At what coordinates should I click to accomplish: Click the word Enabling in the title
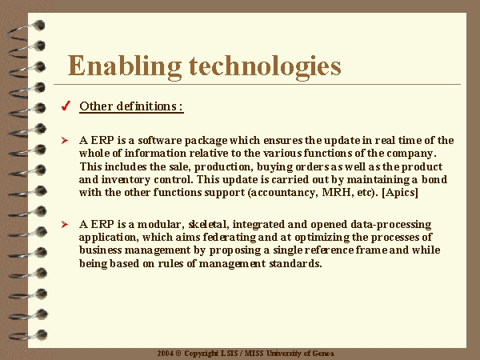(124, 66)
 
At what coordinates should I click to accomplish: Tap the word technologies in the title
(265, 66)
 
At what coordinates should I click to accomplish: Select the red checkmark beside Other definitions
(66, 106)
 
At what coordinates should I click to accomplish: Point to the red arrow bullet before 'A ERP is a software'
(65, 141)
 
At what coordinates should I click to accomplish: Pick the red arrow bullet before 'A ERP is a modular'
(65, 224)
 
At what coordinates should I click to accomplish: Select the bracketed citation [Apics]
(400, 193)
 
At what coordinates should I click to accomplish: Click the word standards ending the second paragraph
(295, 263)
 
